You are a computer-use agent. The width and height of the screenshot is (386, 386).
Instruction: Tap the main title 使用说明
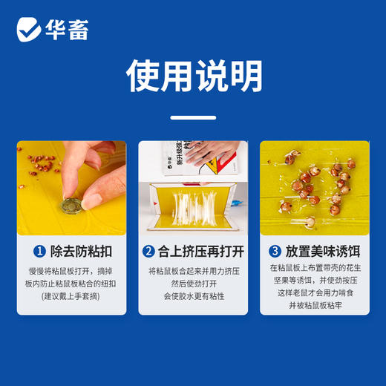click(193, 76)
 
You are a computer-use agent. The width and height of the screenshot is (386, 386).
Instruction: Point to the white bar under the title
click(193, 117)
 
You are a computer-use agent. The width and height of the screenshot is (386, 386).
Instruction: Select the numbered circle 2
click(148, 252)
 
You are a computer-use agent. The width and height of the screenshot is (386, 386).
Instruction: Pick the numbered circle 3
click(275, 252)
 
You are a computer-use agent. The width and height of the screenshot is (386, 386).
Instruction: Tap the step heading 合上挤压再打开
click(199, 252)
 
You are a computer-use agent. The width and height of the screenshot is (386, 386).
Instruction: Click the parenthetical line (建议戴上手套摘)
click(71, 295)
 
